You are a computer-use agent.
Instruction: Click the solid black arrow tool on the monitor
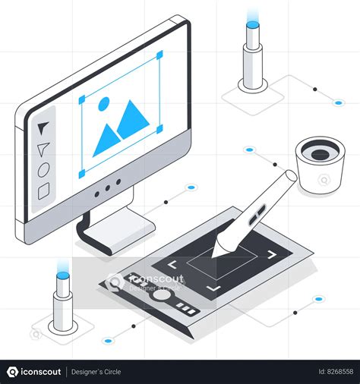[43, 127]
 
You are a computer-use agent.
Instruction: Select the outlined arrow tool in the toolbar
[43, 148]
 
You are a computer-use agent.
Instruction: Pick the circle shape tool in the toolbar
[43, 168]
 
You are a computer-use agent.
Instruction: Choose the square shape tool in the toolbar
[43, 190]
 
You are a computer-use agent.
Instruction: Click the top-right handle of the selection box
[159, 55]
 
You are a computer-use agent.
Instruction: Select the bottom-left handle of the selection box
[81, 174]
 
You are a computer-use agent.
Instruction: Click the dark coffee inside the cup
[321, 154]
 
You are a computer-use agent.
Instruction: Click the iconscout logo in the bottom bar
[34, 372]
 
